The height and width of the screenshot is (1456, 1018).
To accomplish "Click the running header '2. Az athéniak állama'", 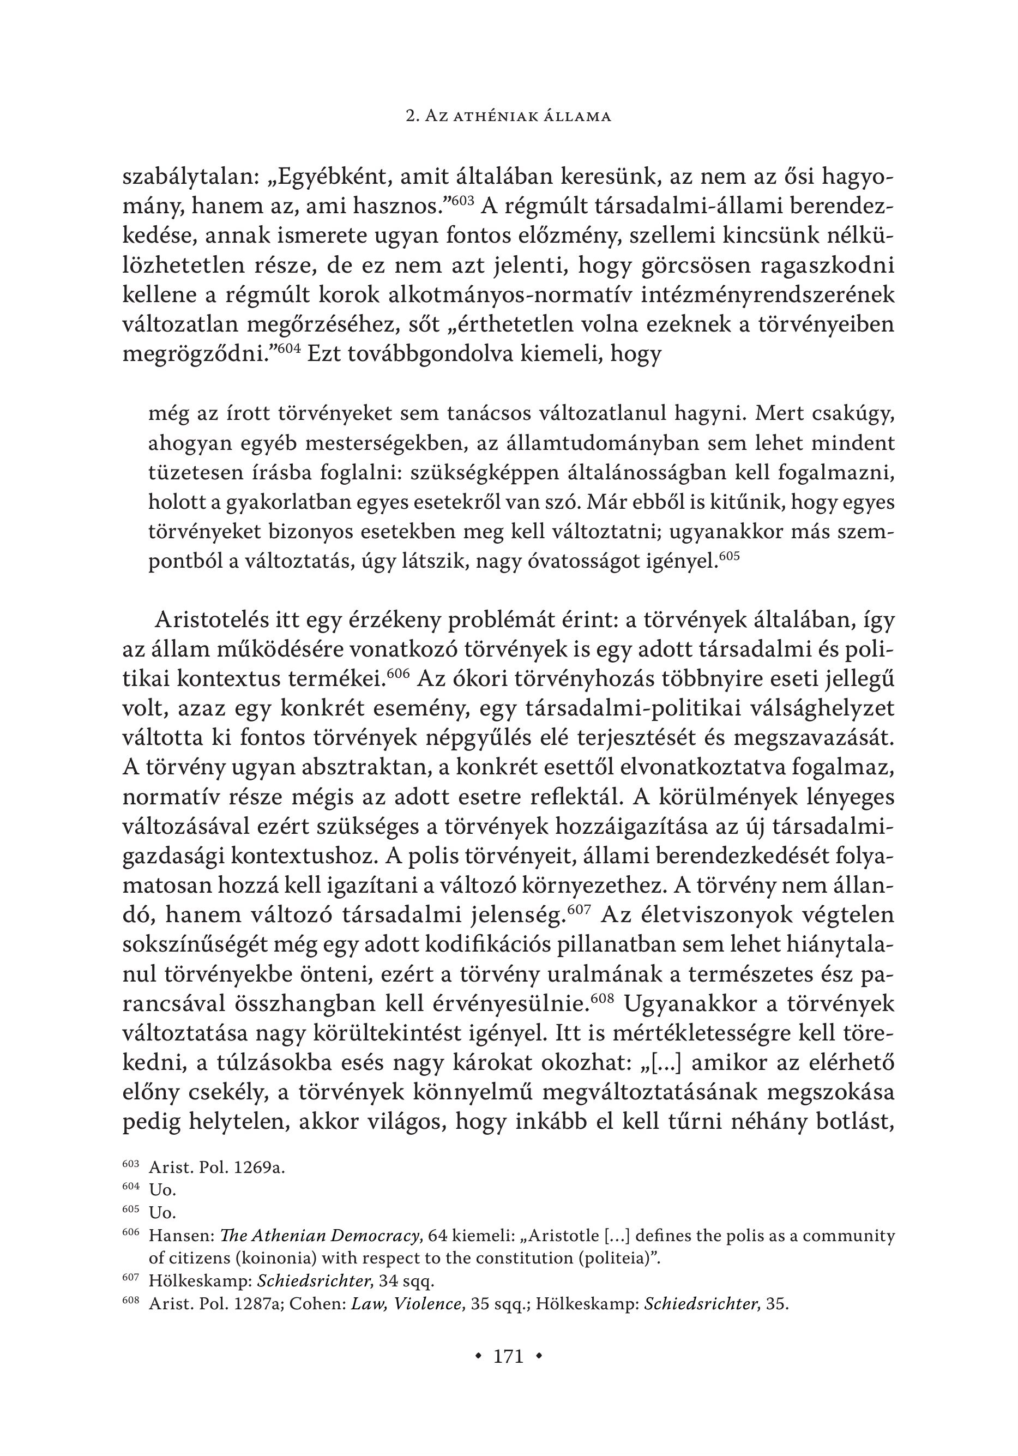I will click(x=508, y=116).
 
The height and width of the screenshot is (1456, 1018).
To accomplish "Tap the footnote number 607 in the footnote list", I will click(x=130, y=1278).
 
